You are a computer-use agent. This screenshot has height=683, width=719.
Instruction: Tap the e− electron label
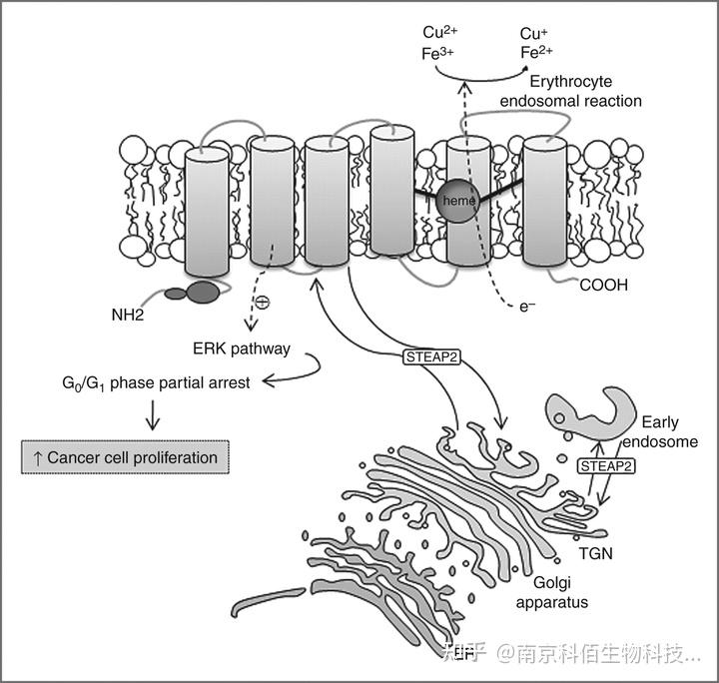527,307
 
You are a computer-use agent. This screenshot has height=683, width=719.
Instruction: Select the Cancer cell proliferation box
126,457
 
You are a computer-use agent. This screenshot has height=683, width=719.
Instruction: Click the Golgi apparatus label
551,593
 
